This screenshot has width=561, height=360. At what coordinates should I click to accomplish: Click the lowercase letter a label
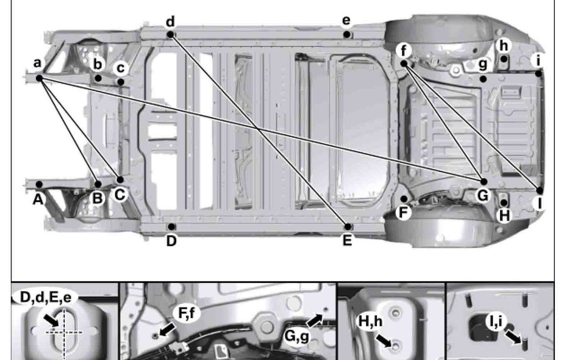(37, 63)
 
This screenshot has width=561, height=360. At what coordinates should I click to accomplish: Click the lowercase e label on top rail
(346, 21)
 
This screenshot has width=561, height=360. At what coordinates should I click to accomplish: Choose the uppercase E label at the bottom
(347, 240)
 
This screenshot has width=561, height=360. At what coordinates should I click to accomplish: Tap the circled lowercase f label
(404, 49)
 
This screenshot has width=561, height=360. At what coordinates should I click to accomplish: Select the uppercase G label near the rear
(482, 196)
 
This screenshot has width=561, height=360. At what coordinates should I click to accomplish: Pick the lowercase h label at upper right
(503, 46)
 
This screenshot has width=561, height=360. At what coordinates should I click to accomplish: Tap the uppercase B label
(96, 197)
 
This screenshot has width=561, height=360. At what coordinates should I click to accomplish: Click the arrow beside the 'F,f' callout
(166, 329)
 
